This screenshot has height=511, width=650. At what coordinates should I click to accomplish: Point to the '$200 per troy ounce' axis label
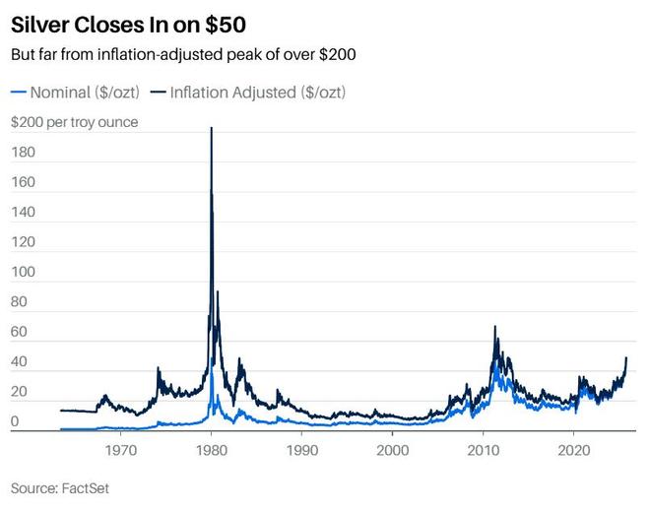pyautogui.click(x=74, y=123)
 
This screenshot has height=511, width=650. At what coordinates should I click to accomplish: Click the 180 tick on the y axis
pyautogui.click(x=22, y=153)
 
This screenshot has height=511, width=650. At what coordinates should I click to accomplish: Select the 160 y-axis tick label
pyautogui.click(x=22, y=183)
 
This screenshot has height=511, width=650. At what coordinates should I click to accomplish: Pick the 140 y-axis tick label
pyautogui.click(x=22, y=213)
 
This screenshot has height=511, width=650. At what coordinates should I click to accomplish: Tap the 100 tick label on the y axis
pyautogui.click(x=22, y=273)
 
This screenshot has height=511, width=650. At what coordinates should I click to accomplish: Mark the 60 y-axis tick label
pyautogui.click(x=18, y=333)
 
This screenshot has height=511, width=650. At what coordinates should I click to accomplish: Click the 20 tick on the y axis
pyautogui.click(x=18, y=393)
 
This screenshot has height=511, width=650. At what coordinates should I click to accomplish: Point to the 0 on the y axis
pyautogui.click(x=14, y=422)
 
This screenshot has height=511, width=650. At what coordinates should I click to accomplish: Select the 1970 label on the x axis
pyautogui.click(x=120, y=451)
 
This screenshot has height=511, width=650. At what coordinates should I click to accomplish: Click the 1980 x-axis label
pyautogui.click(x=211, y=451)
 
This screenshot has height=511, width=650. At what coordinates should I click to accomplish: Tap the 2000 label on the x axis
pyautogui.click(x=392, y=451)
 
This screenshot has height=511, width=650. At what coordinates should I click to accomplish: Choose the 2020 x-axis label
pyautogui.click(x=574, y=451)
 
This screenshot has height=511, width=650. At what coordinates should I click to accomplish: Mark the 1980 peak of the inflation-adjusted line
pyautogui.click(x=211, y=129)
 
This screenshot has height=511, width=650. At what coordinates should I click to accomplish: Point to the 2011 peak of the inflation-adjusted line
pyautogui.click(x=494, y=327)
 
